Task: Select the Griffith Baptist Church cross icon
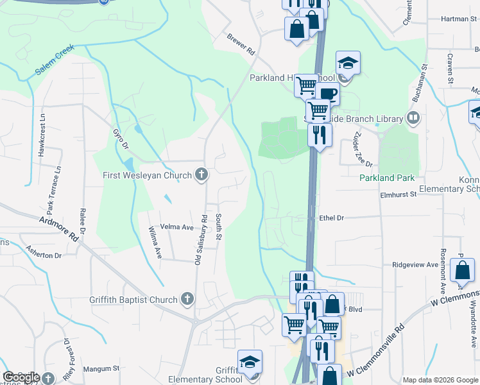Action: (187, 299)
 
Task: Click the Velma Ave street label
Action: (176, 227)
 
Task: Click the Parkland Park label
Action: (387, 178)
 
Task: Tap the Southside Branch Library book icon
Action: (414, 118)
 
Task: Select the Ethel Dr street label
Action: (331, 218)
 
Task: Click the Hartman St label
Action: (456, 19)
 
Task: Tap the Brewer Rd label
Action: (241, 43)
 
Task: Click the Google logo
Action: (21, 377)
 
